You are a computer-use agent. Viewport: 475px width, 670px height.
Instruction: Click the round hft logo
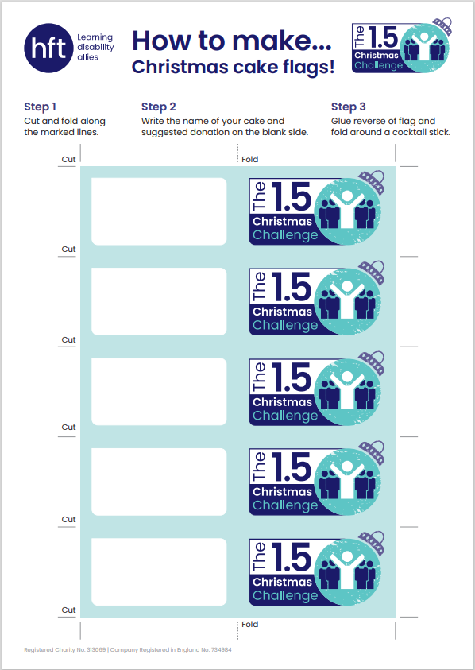coord(48,48)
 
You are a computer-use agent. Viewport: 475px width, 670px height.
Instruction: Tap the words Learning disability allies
coord(95,47)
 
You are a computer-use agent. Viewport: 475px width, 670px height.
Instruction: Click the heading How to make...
coord(232,41)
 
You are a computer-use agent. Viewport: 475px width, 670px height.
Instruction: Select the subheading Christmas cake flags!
coord(233,67)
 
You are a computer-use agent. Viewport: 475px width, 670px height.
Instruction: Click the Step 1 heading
coord(41,107)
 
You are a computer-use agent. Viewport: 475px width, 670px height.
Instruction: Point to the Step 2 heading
coord(159,107)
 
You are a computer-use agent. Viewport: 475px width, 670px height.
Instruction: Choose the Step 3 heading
coord(349,107)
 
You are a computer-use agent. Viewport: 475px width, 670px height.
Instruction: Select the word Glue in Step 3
coord(340,121)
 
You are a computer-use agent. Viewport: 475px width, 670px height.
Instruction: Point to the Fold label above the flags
coord(250,160)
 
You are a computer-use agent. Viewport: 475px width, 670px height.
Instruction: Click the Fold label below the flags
coord(250,624)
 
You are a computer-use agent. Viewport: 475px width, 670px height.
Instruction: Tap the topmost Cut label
coord(68,160)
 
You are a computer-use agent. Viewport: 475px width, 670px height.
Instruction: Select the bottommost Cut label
coord(68,610)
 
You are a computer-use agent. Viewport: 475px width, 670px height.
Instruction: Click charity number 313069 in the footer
coord(96,650)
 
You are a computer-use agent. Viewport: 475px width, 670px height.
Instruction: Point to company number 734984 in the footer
coord(222,650)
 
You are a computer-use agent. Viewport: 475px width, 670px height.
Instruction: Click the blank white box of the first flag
coord(159,211)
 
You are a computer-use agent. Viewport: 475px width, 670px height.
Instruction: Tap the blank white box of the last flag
coord(159,571)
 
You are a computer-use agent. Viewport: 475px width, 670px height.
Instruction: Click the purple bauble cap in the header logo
coord(442,26)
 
